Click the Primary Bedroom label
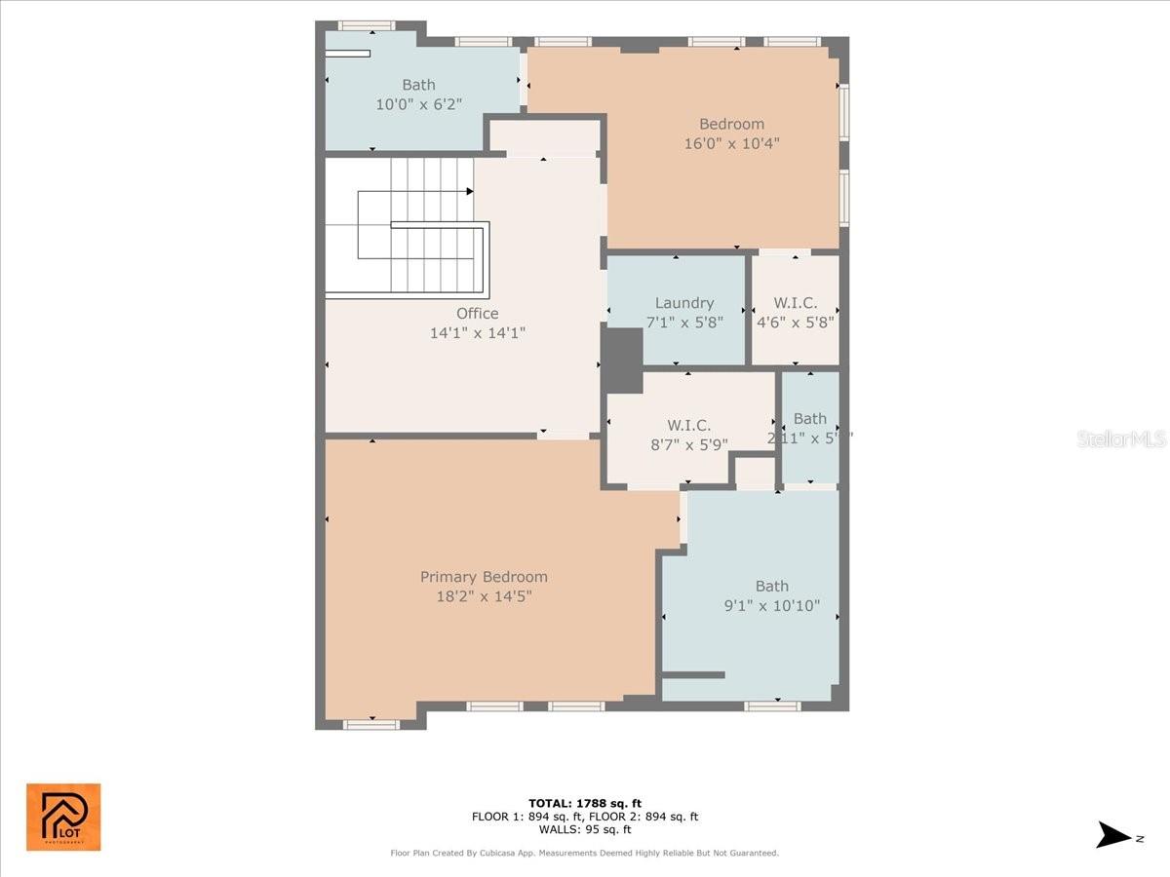click(x=484, y=577)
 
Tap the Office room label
click(x=478, y=313)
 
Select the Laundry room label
click(x=684, y=303)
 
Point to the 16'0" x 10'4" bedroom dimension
click(x=731, y=143)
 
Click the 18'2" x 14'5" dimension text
click(x=484, y=595)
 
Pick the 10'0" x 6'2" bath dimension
click(x=418, y=103)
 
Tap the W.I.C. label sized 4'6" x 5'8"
click(x=795, y=303)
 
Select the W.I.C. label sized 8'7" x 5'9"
click(x=688, y=425)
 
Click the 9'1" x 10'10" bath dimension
click(x=771, y=605)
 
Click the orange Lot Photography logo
click(x=63, y=817)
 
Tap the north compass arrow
click(x=1113, y=835)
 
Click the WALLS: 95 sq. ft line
click(x=585, y=829)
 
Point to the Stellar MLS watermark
click(x=1121, y=438)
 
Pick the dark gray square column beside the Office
click(x=624, y=361)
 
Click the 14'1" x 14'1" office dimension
click(x=478, y=332)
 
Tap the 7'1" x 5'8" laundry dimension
click(x=684, y=322)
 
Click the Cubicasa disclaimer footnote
click(x=585, y=854)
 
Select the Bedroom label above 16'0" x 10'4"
click(x=731, y=124)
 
